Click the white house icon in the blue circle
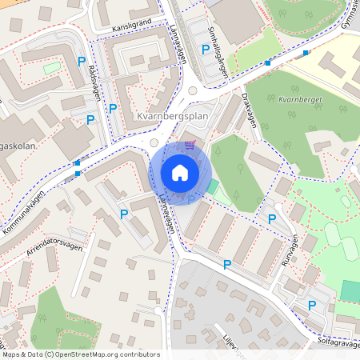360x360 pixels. click(x=180, y=173)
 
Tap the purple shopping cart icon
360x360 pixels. click(x=190, y=145)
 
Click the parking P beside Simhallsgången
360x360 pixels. click(x=206, y=50)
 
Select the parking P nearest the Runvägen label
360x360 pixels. click(x=272, y=218)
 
